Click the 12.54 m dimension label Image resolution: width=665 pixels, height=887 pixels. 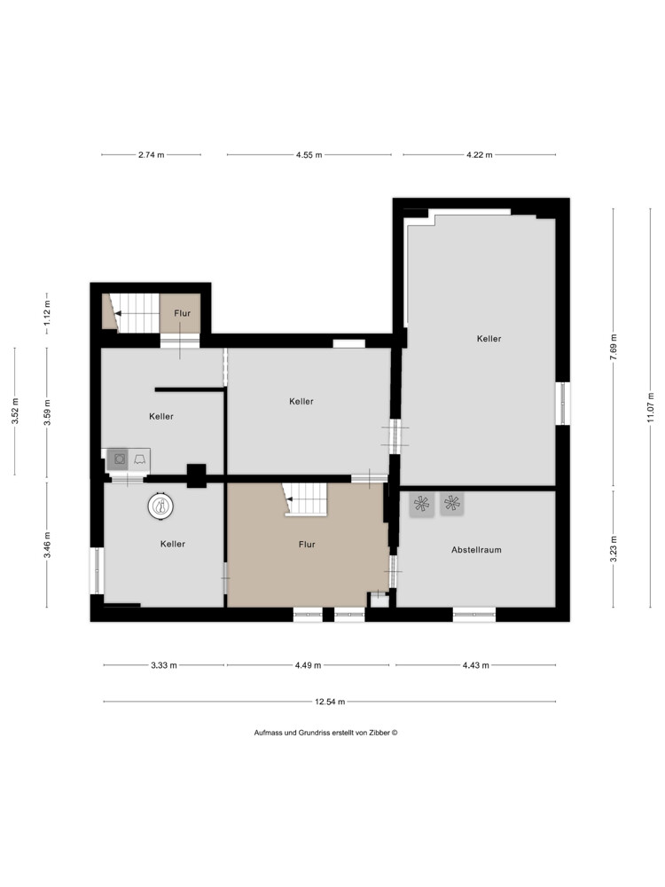330,702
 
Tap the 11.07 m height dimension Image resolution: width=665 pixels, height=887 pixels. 651,407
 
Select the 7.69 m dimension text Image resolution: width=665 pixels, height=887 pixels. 613,350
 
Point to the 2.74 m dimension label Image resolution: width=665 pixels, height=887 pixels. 151,154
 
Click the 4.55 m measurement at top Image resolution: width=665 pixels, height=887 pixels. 309,154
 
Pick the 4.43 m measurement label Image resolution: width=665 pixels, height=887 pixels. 475,665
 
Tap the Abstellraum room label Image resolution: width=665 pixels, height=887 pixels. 476,549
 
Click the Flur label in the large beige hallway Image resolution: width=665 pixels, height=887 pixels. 307,545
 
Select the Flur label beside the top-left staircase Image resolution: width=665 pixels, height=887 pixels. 182,313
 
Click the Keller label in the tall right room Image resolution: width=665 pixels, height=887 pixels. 489,338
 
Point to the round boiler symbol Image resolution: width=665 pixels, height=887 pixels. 160,506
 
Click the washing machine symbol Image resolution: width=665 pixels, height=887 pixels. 119,459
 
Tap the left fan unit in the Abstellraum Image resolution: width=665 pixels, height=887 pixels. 422,504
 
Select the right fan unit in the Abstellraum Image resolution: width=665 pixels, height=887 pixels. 452,503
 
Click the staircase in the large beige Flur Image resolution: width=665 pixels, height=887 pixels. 305,498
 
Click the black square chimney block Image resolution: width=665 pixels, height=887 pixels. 197,475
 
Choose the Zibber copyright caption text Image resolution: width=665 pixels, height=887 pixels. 325,733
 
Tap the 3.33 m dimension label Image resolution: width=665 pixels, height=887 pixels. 163,665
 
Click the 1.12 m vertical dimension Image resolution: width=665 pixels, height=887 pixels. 47,313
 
